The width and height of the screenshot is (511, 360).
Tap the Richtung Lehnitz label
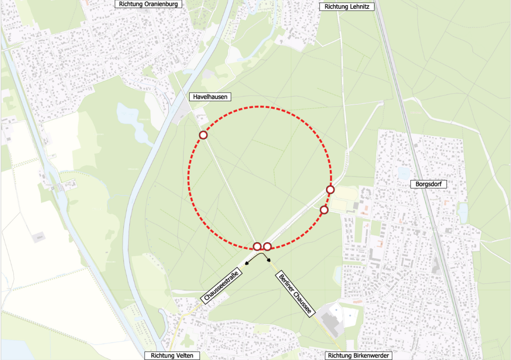[347, 6]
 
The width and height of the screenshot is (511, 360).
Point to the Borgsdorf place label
[428, 184]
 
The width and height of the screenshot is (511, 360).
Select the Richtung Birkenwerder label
[359, 356]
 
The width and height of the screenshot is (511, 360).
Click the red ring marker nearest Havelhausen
[203, 135]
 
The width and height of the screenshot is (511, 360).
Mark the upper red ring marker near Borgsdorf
[330, 190]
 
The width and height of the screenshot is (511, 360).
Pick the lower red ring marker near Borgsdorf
[324, 210]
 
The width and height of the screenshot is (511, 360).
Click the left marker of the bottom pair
[257, 246]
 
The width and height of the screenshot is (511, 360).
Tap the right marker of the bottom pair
[267, 246]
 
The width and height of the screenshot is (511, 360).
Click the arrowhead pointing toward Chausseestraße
[247, 264]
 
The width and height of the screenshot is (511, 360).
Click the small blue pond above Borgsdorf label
[404, 173]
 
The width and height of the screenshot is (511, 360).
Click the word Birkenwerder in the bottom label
[372, 356]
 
